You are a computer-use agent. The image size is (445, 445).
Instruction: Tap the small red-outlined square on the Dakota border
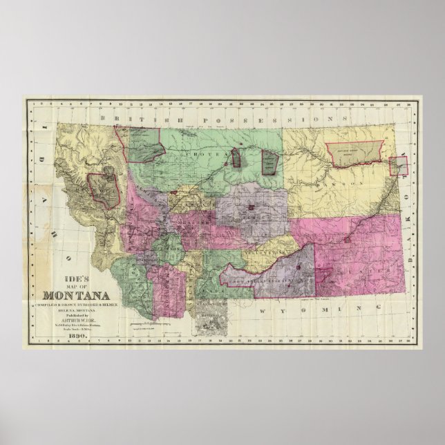pos(397,166)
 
